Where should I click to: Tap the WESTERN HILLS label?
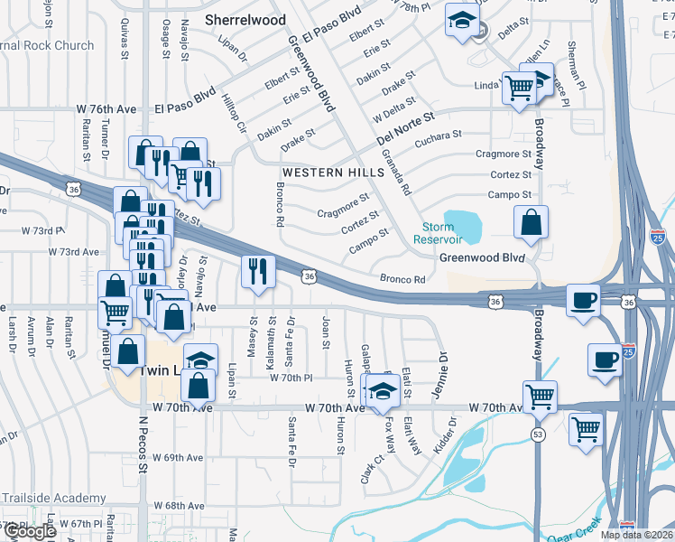point(328,172)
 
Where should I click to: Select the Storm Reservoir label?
point(439,233)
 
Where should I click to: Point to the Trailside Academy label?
point(53,498)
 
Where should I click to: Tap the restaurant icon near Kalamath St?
point(258,271)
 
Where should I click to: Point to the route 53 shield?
point(539,435)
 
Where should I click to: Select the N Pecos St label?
point(143,443)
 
